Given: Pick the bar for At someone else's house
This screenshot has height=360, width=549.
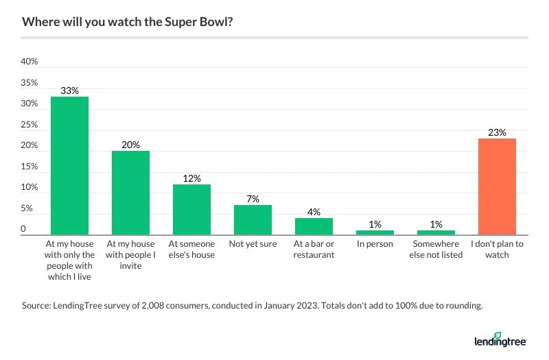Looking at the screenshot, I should pos(191,210).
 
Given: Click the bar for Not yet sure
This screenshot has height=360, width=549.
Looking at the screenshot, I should pos(253,220).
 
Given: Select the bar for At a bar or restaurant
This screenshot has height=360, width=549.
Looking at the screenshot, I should pos(314,226).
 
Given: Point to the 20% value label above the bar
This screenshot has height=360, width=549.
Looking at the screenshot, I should pos(130,145).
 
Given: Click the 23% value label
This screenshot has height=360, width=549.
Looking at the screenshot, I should pos(497,132).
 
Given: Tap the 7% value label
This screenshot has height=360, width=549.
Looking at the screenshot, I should pos(253,199).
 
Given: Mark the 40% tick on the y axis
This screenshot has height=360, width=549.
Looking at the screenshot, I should pos(30,62).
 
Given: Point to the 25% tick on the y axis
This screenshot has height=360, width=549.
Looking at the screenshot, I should pos(30,125).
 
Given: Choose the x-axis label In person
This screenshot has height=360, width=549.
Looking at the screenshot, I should pos(375,244).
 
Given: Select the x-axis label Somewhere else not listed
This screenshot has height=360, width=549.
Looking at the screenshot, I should pos(436,250).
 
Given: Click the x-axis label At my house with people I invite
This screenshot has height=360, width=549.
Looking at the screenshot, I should pos(130,254).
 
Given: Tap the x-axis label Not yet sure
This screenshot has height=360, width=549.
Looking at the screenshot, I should pos(253,244).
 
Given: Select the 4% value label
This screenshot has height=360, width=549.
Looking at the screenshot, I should pos(314,211).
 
